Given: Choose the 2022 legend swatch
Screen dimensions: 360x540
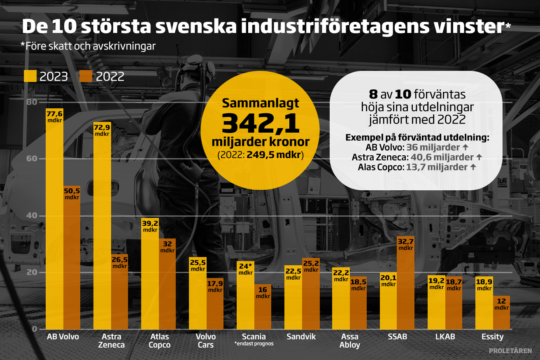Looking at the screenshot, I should (x=86, y=77).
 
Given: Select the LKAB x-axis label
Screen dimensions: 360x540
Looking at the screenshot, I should (x=445, y=337).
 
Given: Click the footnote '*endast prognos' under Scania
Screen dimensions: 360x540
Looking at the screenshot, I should (x=254, y=344).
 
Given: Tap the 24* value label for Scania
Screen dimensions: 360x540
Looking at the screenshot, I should (x=245, y=269).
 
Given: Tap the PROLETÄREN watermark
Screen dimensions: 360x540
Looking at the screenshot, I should (x=510, y=351).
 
